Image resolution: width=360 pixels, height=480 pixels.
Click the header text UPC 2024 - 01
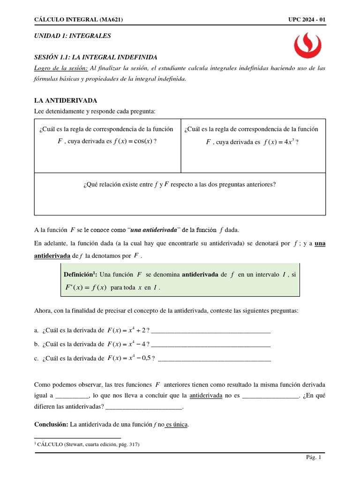(x=307, y=19)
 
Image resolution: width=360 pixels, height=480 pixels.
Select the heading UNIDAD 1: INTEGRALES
(x=73, y=36)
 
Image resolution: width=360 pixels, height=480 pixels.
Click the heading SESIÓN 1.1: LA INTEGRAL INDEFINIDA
(x=96, y=57)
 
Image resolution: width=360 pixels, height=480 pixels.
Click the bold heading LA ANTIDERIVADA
(x=66, y=100)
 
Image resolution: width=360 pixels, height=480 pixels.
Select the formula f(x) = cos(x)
(x=132, y=141)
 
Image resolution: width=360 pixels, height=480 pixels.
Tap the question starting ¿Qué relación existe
(x=180, y=184)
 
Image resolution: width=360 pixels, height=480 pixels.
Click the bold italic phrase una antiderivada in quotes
(x=154, y=230)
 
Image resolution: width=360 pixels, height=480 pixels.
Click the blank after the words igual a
(x=72, y=396)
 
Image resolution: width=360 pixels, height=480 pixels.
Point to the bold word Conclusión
(x=51, y=425)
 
